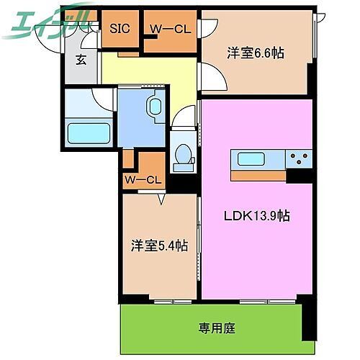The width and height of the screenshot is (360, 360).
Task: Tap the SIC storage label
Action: (119, 30)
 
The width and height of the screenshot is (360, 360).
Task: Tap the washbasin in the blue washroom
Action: (153, 107)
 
